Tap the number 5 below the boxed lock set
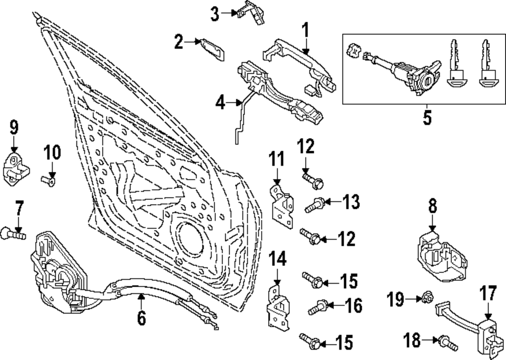click(427, 118)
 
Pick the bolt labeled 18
click(448, 344)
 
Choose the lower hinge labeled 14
click(276, 305)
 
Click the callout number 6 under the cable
click(141, 319)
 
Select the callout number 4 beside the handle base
click(219, 104)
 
